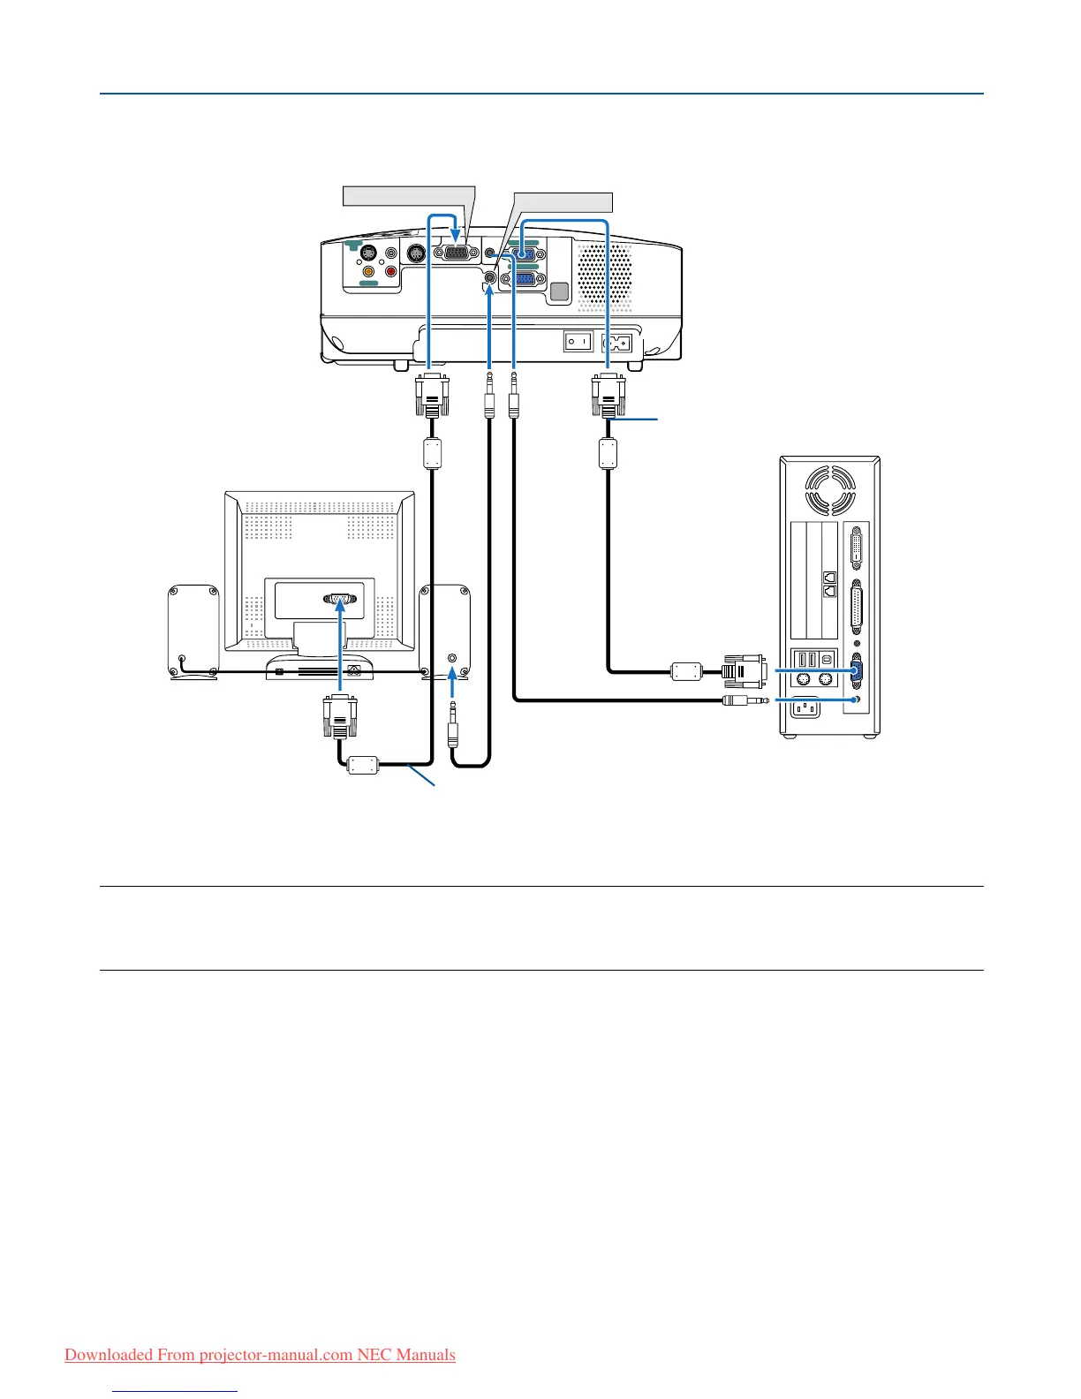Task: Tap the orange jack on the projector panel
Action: (368, 272)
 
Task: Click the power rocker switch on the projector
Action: (578, 341)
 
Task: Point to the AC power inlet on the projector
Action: (616, 341)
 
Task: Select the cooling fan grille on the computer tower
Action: (830, 489)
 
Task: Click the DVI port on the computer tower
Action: (856, 551)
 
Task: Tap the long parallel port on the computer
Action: (856, 609)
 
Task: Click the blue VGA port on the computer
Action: (856, 671)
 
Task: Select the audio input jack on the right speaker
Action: (453, 658)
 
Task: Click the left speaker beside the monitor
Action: (193, 631)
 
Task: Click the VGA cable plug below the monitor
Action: (340, 715)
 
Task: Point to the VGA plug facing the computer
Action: (745, 671)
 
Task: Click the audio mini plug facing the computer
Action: (744, 700)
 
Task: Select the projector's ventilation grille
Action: (606, 275)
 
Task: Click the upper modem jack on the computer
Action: (828, 577)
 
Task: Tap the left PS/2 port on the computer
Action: (803, 680)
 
